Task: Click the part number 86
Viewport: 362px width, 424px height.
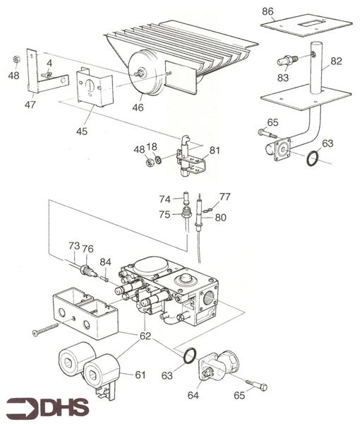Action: click(267, 11)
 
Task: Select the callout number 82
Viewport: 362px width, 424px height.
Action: click(337, 61)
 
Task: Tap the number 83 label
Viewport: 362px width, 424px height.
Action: click(283, 78)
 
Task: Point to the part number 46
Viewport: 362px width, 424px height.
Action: click(138, 107)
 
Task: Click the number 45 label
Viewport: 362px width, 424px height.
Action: click(82, 131)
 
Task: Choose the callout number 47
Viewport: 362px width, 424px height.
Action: click(30, 105)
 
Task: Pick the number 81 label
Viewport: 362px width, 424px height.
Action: click(215, 150)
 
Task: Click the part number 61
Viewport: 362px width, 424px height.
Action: click(140, 375)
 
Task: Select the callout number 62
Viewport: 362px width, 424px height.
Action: click(145, 336)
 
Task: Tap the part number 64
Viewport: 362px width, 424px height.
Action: click(193, 395)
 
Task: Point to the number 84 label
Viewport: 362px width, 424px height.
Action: click(106, 261)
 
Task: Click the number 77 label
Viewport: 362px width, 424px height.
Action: click(225, 197)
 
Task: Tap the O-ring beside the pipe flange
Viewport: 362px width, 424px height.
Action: click(312, 159)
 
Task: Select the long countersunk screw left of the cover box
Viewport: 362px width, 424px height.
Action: click(46, 329)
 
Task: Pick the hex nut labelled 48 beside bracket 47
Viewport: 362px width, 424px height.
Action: click(16, 59)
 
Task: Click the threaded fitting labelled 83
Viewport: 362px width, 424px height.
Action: click(288, 60)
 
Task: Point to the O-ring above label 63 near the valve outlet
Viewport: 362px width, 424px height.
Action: click(190, 356)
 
